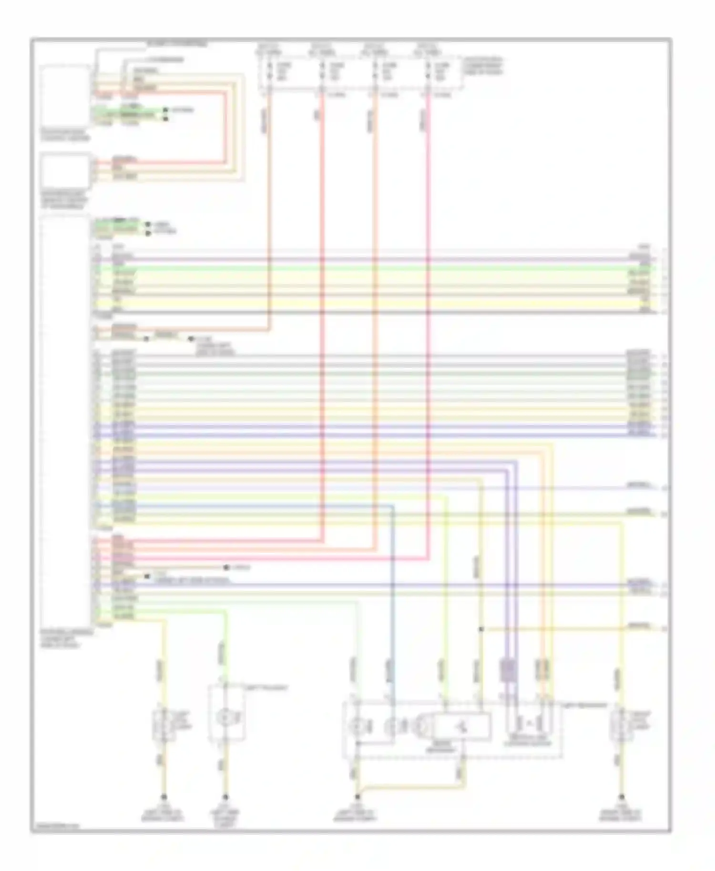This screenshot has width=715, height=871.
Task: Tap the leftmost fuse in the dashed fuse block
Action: (269, 71)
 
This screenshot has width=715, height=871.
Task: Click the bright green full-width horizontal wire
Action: (372, 269)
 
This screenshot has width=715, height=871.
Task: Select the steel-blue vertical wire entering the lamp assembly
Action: (393, 596)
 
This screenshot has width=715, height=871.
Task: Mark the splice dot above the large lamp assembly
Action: (481, 629)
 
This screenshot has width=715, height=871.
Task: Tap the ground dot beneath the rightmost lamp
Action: (621, 797)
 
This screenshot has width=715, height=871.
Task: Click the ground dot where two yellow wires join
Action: (357, 797)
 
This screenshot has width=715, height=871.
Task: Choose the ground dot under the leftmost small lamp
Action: (164, 797)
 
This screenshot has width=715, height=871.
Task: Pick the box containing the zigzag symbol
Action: (462, 727)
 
